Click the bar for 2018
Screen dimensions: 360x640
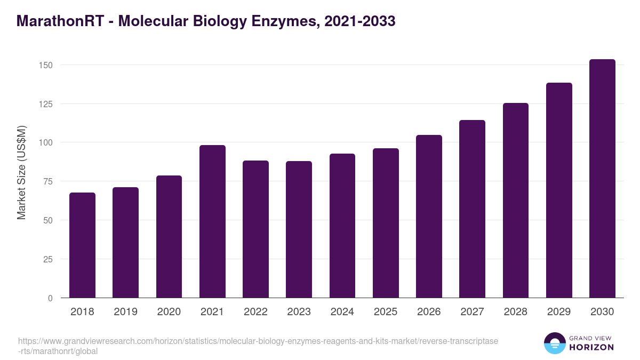tap(82, 245)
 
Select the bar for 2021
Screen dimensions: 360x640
tap(212, 221)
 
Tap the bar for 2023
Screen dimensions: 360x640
tap(299, 229)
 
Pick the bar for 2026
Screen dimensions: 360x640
tap(429, 217)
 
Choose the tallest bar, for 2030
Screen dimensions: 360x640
tap(602, 179)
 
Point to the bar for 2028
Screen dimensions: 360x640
tap(516, 201)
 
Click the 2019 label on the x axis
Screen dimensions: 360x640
tap(125, 312)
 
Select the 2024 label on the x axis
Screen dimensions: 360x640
tap(342, 312)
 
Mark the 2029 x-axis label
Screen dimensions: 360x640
tap(559, 312)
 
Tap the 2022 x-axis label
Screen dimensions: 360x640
tap(255, 312)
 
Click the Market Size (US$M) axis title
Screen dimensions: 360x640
tap(21, 172)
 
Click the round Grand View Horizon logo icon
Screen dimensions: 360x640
tap(554, 343)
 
